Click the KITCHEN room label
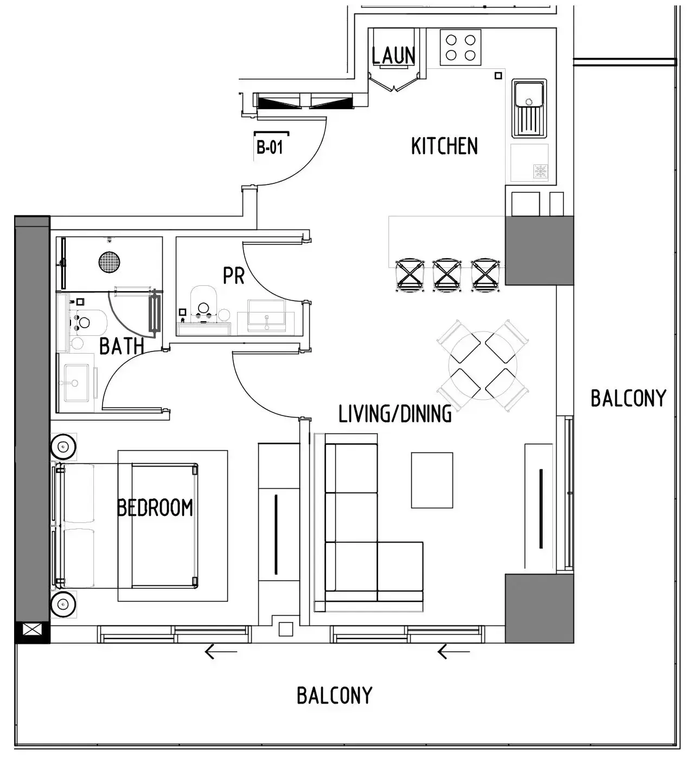click(x=444, y=146)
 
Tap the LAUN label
click(x=394, y=55)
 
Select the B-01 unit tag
click(x=270, y=147)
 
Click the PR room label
click(x=234, y=276)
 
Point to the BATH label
click(x=122, y=346)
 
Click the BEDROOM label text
click(x=155, y=508)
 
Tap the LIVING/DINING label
click(x=395, y=414)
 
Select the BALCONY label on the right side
click(x=628, y=399)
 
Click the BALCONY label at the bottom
click(x=334, y=695)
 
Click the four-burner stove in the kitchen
click(x=460, y=47)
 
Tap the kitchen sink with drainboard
click(x=529, y=108)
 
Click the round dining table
click(x=482, y=366)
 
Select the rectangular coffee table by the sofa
click(x=432, y=480)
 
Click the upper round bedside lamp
click(x=62, y=448)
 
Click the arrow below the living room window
click(x=453, y=652)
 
